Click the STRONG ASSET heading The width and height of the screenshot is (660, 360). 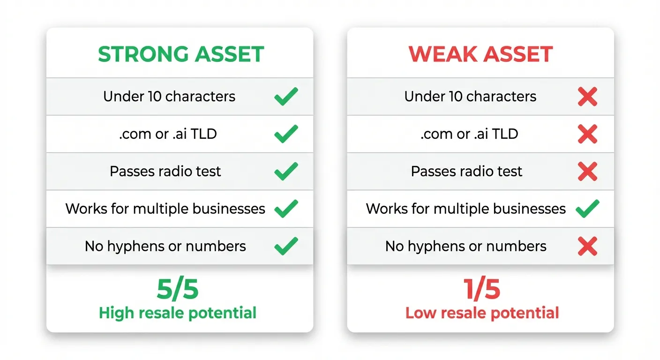pos(181,54)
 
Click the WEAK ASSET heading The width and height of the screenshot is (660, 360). pos(480,54)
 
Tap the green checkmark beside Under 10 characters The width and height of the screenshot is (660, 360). pos(286,97)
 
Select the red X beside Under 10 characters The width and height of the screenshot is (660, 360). pos(587,97)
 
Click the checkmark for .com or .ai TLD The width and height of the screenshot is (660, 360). pos(286,134)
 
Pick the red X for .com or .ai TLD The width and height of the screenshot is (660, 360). pos(587,134)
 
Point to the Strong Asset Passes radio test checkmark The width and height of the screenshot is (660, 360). pos(286,172)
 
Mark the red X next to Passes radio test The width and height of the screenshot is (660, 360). pos(587,172)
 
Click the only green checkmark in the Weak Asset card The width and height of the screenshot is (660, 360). pos(587,209)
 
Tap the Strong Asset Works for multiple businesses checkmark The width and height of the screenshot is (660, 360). pos(286,209)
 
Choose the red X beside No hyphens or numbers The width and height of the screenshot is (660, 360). pos(587,246)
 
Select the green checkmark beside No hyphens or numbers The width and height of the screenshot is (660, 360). pos(286,246)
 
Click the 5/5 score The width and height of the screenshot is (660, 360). pos(178,290)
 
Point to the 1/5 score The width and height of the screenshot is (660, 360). pos(482,290)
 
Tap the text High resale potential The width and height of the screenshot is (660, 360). pos(178,313)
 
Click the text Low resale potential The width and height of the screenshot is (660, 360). pos(482,313)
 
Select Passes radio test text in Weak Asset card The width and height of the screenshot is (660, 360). pos(466,172)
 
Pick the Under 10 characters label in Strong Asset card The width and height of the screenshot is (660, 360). pos(169,97)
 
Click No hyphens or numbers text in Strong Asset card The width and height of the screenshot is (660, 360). pos(165,246)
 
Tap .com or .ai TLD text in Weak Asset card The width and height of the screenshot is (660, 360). pos(469,134)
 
